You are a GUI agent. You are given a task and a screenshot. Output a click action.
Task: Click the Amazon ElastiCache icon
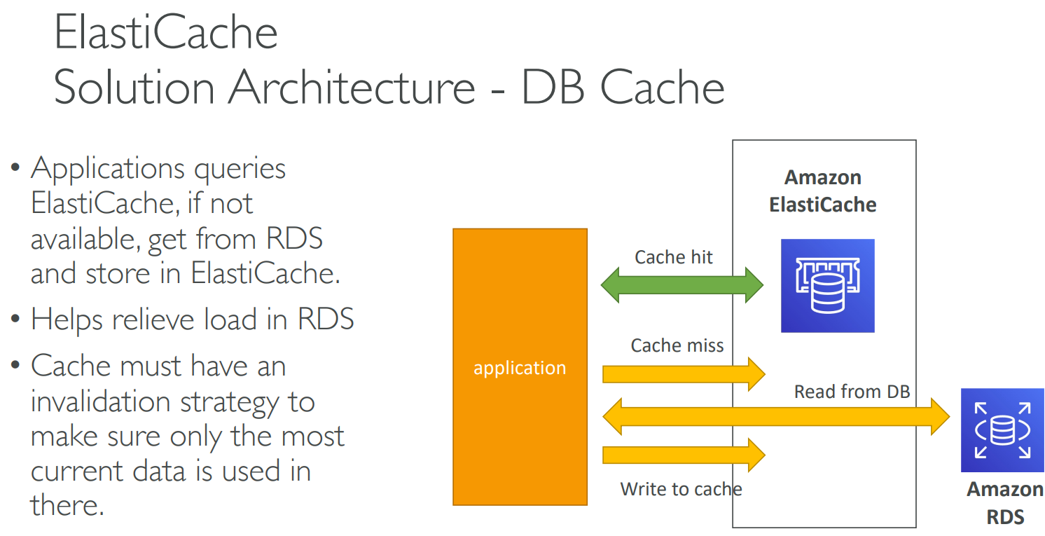click(828, 285)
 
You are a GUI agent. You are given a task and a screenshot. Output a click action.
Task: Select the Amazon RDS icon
click(1002, 430)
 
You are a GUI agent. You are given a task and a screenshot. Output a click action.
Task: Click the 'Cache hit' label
click(673, 257)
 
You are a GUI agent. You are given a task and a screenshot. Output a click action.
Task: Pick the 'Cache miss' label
click(677, 345)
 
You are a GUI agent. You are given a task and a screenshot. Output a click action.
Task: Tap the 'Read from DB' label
click(852, 392)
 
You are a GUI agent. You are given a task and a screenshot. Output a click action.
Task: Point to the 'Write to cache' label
click(681, 488)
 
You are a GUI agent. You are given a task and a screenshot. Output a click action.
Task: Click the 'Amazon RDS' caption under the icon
click(1005, 503)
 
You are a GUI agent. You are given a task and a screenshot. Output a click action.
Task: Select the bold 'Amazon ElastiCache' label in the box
click(823, 191)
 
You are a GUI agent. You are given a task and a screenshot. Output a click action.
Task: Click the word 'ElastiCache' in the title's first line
click(166, 33)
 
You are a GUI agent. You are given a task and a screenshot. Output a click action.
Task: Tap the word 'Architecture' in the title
click(352, 88)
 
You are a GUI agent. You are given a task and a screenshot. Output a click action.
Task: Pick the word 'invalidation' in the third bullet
click(101, 401)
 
